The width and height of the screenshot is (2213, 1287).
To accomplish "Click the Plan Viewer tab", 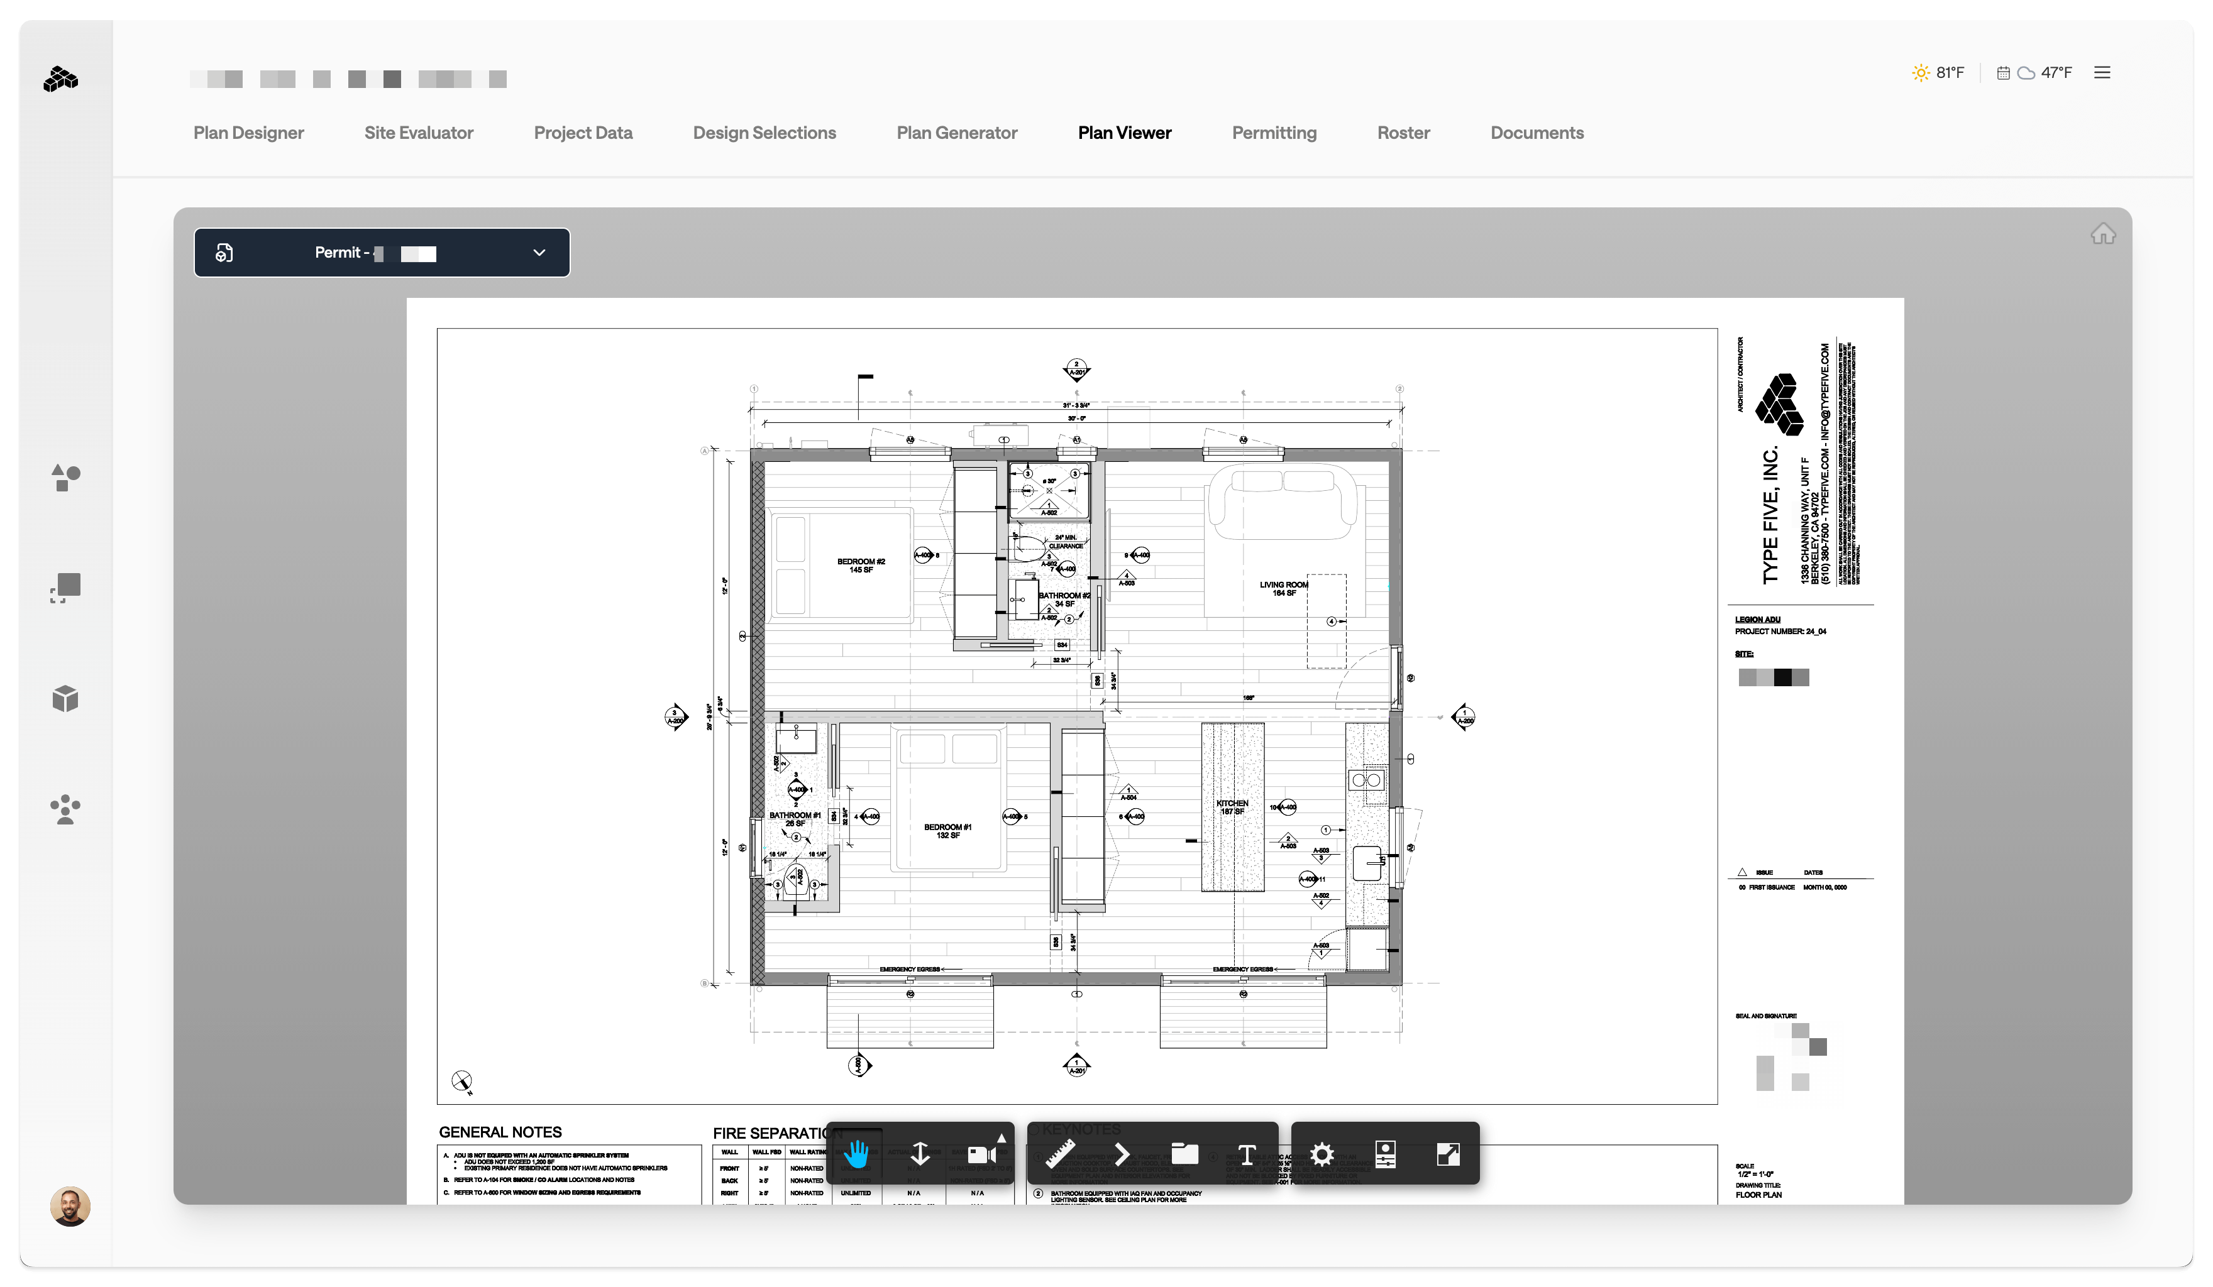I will click(1124, 133).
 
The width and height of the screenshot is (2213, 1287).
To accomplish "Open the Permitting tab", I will click(1273, 133).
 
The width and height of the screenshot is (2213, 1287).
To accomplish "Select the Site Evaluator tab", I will click(418, 133).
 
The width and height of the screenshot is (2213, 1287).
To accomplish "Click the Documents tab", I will click(1536, 133).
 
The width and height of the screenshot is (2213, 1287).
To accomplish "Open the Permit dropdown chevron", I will click(539, 253).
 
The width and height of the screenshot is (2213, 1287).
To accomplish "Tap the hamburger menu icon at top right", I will click(2102, 73).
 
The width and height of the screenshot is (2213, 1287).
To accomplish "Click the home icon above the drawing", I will click(2102, 234).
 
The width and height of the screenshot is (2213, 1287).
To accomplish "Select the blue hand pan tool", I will click(856, 1154).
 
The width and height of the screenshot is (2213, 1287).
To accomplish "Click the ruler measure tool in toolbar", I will click(1060, 1154).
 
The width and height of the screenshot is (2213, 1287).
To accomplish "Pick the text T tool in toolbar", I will click(1246, 1154).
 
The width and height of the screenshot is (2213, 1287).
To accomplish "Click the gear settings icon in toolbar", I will click(1322, 1154).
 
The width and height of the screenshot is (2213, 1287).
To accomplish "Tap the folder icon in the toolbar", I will click(1184, 1154).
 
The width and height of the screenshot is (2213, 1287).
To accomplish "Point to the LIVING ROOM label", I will click(1283, 588).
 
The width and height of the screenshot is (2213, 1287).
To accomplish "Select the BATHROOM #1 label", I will click(795, 819).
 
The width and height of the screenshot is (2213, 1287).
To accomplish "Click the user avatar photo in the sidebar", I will click(70, 1206).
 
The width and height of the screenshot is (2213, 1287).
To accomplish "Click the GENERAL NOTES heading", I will click(500, 1132).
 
